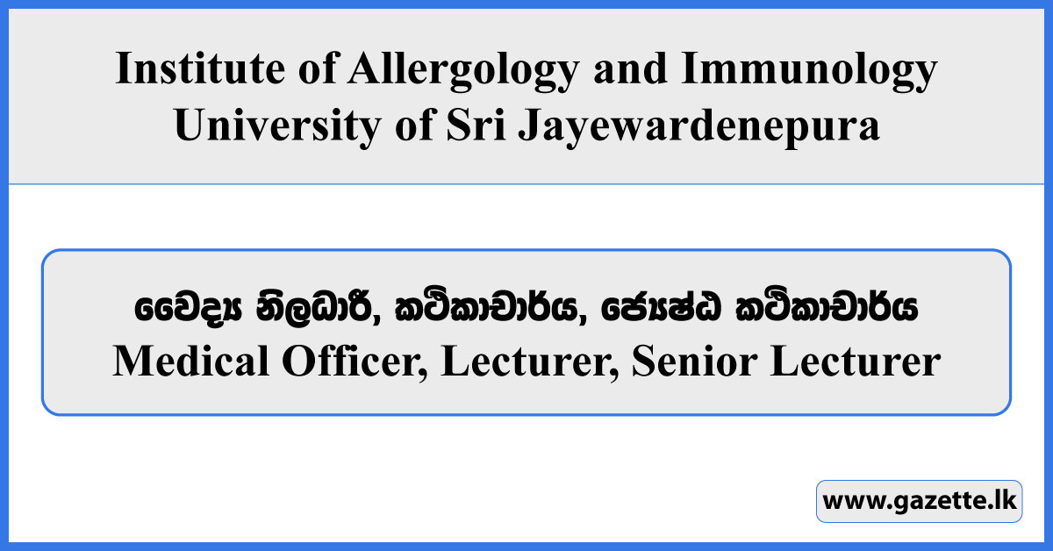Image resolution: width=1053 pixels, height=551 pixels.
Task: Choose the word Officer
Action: point(351,361)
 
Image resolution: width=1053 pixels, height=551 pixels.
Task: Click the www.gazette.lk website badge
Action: point(919,502)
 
